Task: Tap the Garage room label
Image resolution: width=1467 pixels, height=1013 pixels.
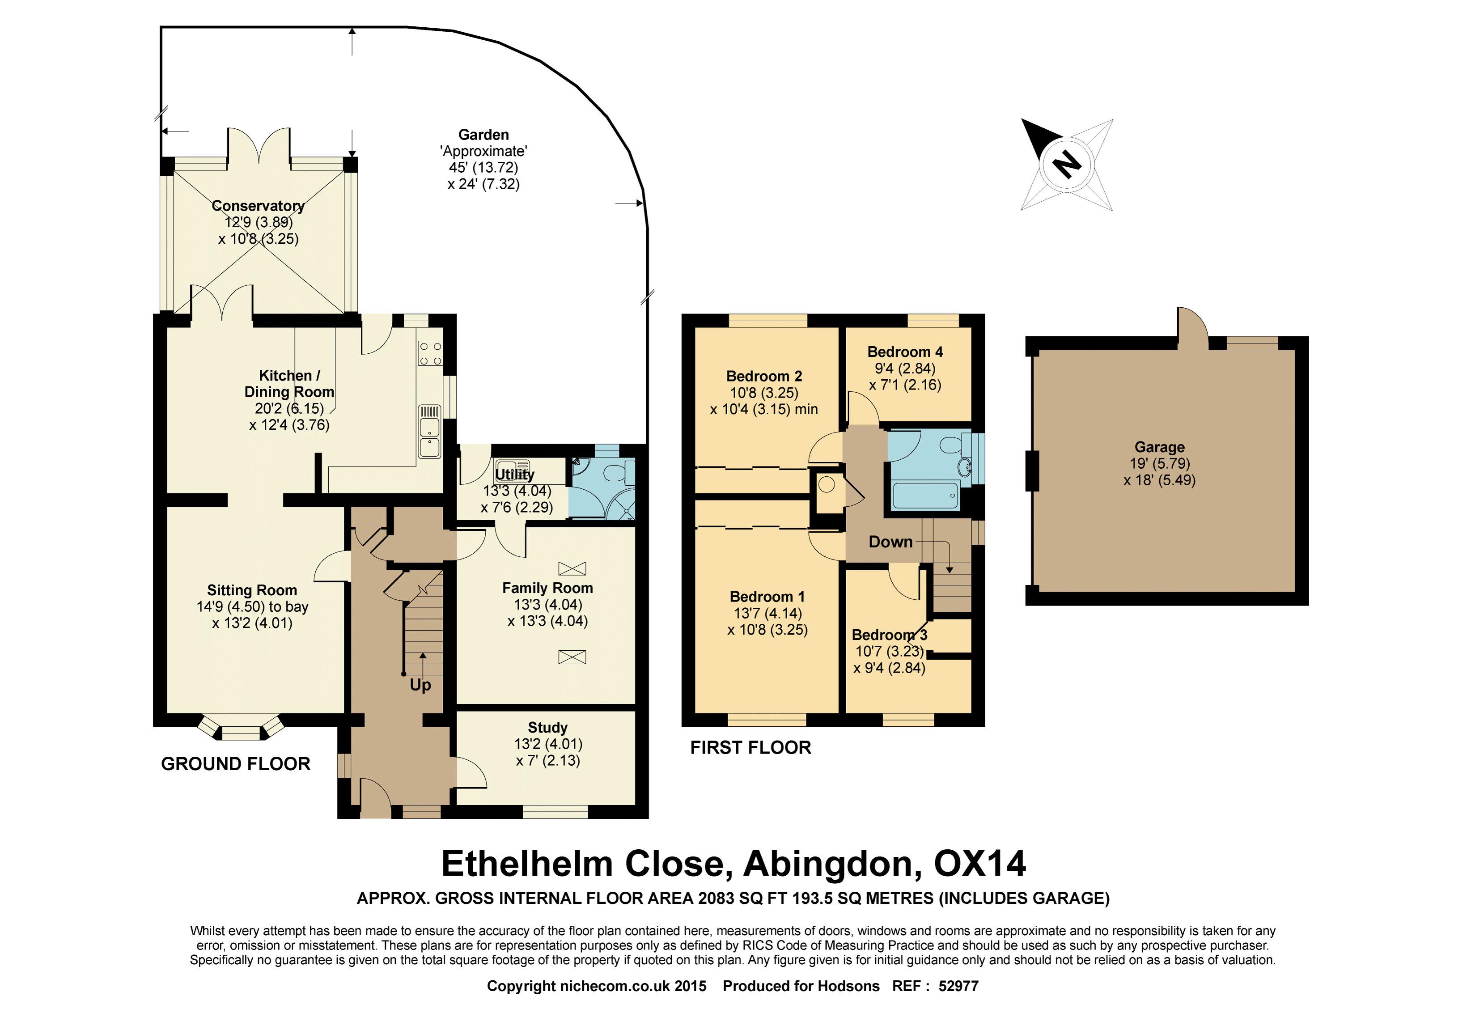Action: click(x=1159, y=448)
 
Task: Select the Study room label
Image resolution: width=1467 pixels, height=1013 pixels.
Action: click(x=547, y=727)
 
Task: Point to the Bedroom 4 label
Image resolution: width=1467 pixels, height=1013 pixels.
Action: click(x=905, y=352)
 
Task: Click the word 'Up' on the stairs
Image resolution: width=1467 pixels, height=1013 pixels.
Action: click(x=420, y=685)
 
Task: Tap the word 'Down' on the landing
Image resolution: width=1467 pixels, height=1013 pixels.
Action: click(x=890, y=542)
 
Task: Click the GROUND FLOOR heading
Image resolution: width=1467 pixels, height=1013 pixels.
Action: click(x=236, y=763)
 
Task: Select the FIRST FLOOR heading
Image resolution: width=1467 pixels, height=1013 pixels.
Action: click(x=750, y=748)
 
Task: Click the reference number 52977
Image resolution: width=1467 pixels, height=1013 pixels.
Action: click(x=958, y=986)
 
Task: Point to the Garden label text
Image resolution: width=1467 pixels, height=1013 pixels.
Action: click(x=484, y=135)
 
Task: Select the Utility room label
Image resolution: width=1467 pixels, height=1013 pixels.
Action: click(x=514, y=474)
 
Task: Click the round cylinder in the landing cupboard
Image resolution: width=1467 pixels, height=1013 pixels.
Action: click(x=827, y=485)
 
